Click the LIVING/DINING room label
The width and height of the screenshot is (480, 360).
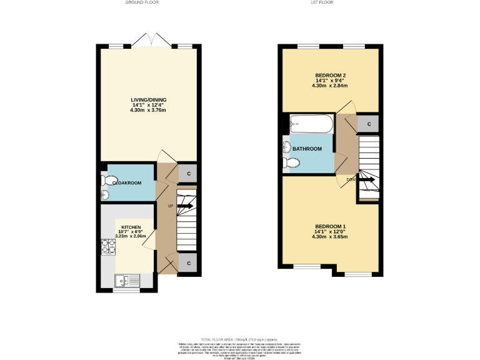tap(148, 100)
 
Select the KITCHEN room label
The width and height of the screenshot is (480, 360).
tap(131, 227)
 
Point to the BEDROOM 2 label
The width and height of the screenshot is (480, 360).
tap(331, 76)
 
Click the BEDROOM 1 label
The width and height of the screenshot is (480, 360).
tap(331, 226)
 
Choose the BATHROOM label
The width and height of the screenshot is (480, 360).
tap(307, 149)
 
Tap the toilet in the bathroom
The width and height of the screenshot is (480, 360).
tap(291, 162)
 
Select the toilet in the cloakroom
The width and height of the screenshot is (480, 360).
tap(111, 181)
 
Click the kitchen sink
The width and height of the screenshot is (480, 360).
tap(128, 281)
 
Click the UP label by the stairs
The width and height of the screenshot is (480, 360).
tap(170, 206)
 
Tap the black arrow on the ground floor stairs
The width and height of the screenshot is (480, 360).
tap(186, 206)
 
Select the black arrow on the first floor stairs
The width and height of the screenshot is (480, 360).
tap(367, 180)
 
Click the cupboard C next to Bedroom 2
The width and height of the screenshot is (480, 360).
tap(369, 124)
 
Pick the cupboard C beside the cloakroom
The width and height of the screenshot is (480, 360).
tap(188, 173)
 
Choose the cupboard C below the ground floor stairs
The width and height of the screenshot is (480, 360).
tap(188, 263)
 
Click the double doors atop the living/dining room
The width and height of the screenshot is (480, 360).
tap(152, 39)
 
